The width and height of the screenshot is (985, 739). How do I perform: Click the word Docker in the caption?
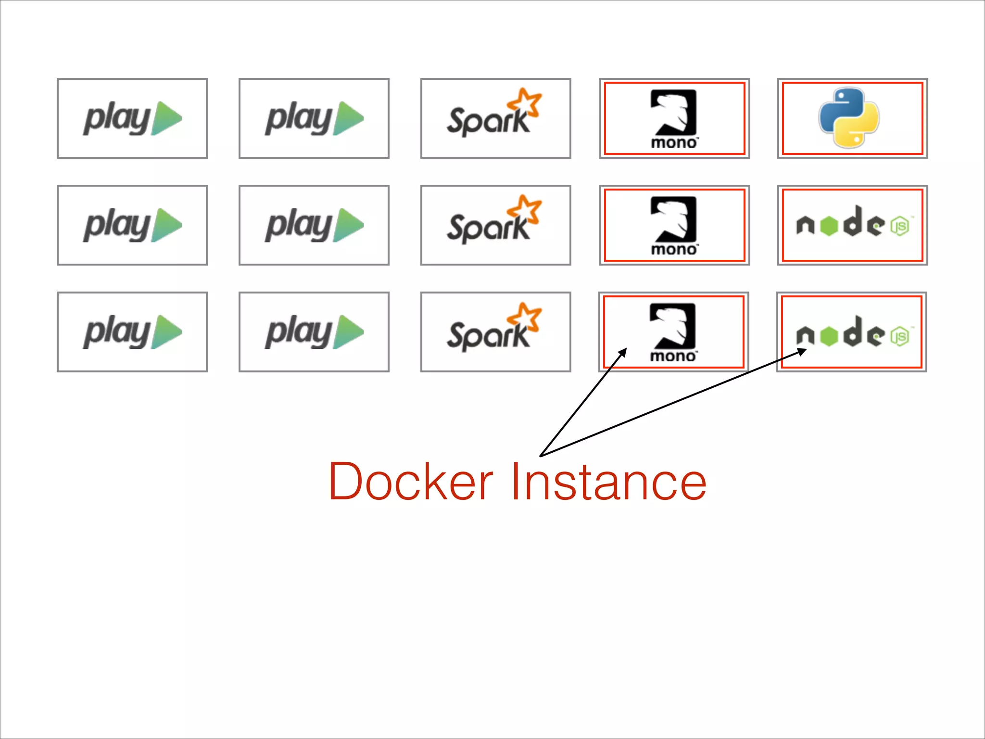point(410,482)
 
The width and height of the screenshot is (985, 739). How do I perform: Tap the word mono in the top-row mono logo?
point(673,143)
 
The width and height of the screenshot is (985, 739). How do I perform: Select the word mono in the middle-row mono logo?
point(673,250)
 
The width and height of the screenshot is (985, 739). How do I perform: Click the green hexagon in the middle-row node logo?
point(829,226)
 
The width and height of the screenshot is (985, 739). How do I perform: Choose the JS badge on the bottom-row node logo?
point(899,336)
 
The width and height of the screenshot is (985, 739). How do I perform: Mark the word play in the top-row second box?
point(298,119)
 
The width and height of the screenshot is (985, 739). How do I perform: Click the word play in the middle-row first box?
point(117,226)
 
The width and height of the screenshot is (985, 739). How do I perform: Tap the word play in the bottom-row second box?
point(298,333)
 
